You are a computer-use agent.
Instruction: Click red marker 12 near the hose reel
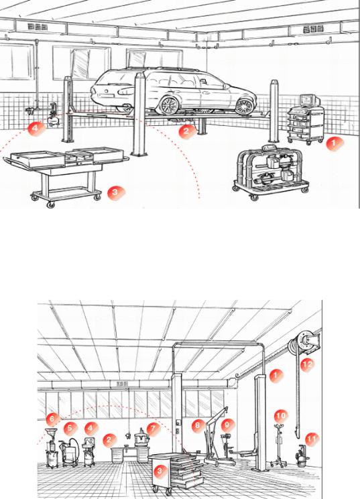click(306, 364)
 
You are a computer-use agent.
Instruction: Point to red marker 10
click(281, 416)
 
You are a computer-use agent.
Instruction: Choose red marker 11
click(312, 440)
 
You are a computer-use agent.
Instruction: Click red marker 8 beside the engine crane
click(198, 425)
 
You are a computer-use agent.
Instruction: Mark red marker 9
click(227, 425)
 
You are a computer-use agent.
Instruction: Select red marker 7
click(154, 429)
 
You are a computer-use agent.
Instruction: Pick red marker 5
click(70, 428)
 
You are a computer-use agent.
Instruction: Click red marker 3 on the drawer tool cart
click(160, 471)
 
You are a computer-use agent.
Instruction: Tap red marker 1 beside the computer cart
click(335, 143)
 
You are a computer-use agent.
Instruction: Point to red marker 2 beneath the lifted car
click(186, 131)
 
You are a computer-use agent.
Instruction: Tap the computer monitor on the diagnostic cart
click(309, 100)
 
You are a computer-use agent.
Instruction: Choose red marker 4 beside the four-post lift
click(36, 129)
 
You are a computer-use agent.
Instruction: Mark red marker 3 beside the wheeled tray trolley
click(115, 192)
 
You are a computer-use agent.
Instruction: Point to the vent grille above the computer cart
click(313, 29)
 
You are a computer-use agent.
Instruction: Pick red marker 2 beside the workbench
click(109, 439)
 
